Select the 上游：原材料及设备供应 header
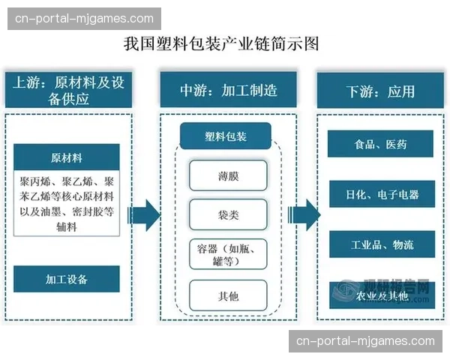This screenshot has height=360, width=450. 70,91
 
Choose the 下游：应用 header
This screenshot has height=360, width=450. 381,91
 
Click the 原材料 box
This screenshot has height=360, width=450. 67,158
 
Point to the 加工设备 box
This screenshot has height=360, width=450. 67,279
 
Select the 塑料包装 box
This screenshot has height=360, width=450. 226,137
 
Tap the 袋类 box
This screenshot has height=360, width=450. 228,214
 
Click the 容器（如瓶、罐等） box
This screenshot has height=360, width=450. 228,255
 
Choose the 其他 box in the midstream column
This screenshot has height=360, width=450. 228,295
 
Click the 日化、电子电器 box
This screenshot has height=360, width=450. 381,194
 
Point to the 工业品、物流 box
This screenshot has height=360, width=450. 381,244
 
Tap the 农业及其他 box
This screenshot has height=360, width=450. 381,295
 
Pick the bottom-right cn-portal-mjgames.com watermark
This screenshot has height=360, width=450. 365,340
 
